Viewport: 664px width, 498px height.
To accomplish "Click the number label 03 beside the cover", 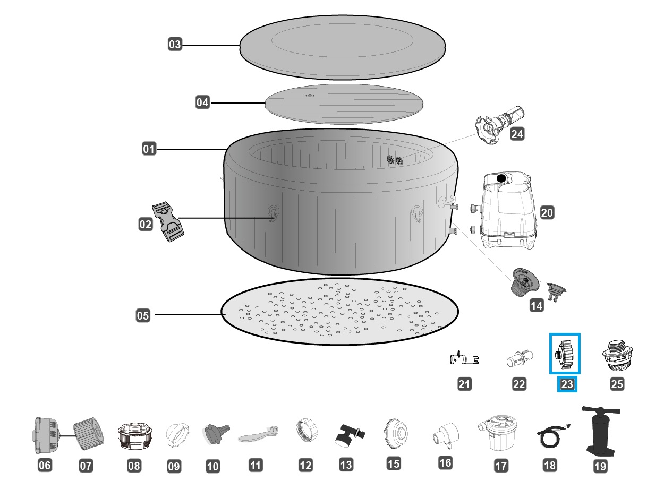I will tap(175, 45).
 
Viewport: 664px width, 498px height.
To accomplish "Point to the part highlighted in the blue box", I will tap(565, 354).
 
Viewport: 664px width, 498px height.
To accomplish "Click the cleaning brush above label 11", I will tap(258, 436).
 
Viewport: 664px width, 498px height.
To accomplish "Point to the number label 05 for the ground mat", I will tap(143, 315).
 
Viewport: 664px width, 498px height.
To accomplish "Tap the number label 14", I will tap(537, 305).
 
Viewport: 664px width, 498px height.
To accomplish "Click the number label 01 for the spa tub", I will tap(149, 149).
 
